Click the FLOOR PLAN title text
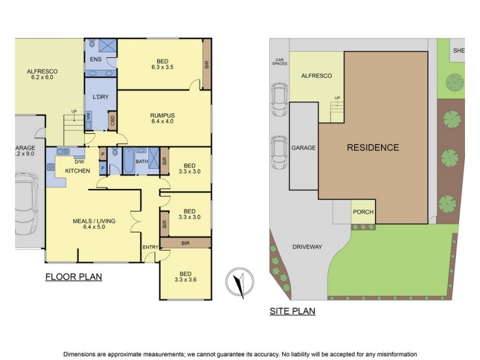73,277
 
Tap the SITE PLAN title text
292,311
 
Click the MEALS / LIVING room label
94,221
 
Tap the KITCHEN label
78,171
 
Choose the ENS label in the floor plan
95,60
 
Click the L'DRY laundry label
100,97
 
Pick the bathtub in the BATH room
130,160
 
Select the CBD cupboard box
112,122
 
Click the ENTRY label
149,247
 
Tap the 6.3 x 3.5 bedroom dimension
162,67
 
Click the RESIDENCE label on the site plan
373,148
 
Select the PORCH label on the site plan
363,212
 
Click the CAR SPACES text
279,62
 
